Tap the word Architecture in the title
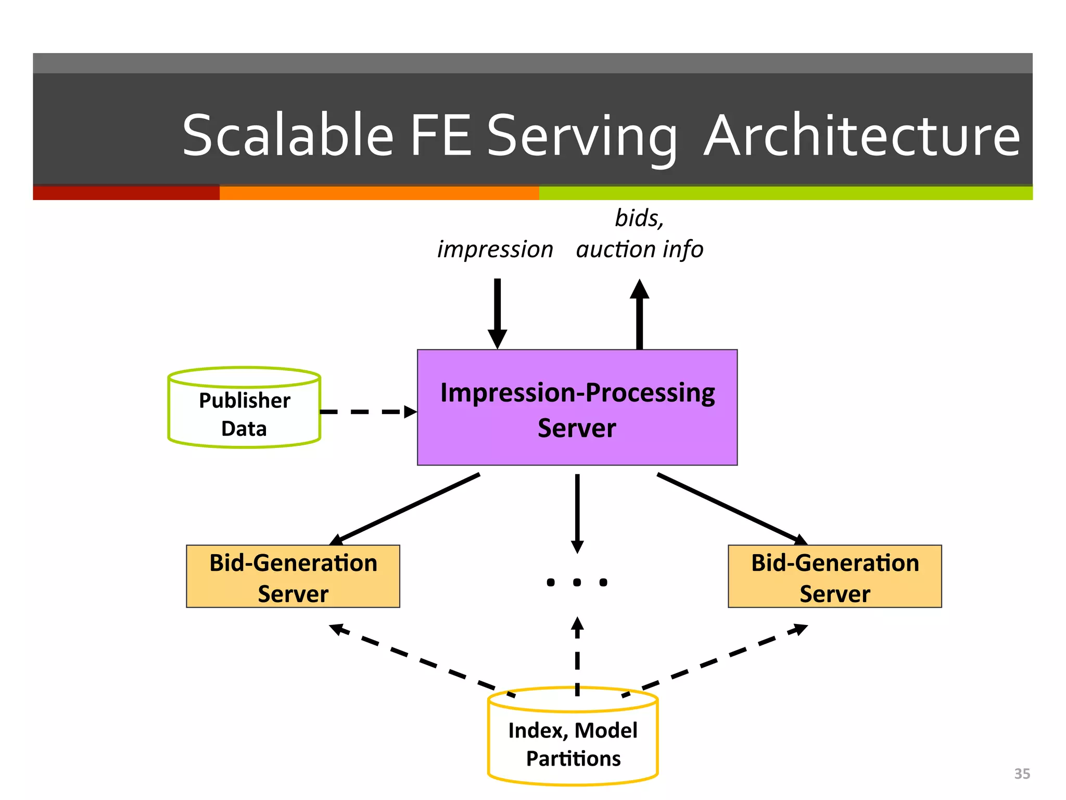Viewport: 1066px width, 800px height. click(x=861, y=136)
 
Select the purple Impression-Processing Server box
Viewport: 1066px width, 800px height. click(x=577, y=407)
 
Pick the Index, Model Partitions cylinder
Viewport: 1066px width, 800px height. click(x=573, y=744)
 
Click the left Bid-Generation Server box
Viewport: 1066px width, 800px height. click(x=293, y=577)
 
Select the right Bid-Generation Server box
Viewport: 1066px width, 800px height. click(x=834, y=577)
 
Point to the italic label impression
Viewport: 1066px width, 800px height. click(x=495, y=249)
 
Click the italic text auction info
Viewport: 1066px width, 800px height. click(x=640, y=249)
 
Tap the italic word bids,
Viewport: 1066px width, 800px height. click(x=639, y=218)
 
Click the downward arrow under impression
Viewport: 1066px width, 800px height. click(x=498, y=312)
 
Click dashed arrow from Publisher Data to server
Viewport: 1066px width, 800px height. click(x=367, y=412)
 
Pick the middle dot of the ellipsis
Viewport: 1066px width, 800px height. click(x=577, y=582)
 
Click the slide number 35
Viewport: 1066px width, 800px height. click(x=1022, y=773)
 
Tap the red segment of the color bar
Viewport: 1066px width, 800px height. click(x=126, y=193)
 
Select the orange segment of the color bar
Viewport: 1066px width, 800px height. click(x=379, y=193)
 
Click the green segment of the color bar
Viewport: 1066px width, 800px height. click(x=785, y=193)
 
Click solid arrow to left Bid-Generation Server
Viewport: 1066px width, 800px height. click(x=406, y=508)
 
